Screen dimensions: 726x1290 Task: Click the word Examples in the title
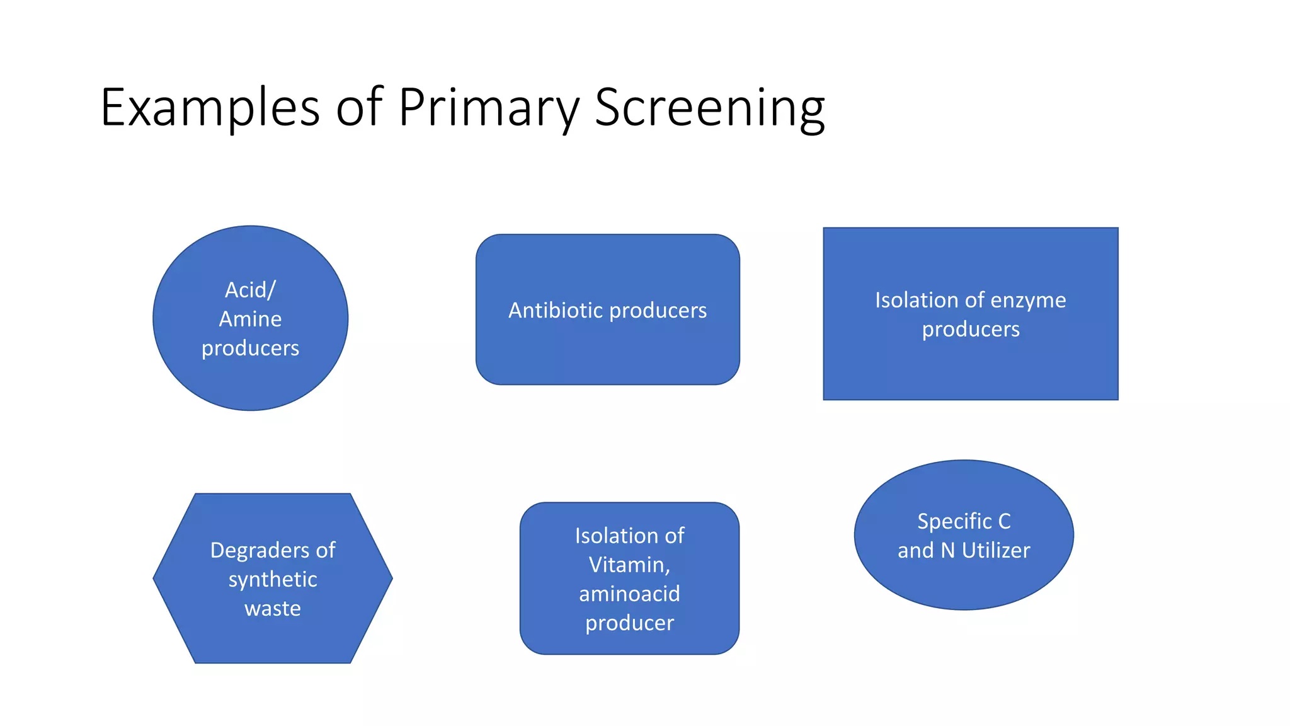point(210,108)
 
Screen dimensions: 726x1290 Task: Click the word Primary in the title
point(488,108)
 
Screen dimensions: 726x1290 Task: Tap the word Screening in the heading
point(709,108)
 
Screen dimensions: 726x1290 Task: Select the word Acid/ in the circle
point(250,291)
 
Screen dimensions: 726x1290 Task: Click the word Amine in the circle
point(250,320)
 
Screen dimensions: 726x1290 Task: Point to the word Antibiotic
point(556,310)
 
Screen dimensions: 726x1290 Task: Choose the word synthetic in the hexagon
point(272,580)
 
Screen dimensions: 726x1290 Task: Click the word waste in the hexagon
point(272,609)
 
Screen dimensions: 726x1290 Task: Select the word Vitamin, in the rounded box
point(629,565)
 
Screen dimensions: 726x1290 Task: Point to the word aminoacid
point(629,594)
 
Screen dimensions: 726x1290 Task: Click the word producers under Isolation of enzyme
point(971,330)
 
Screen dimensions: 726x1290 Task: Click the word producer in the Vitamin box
point(629,623)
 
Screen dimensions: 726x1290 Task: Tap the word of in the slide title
point(359,108)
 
